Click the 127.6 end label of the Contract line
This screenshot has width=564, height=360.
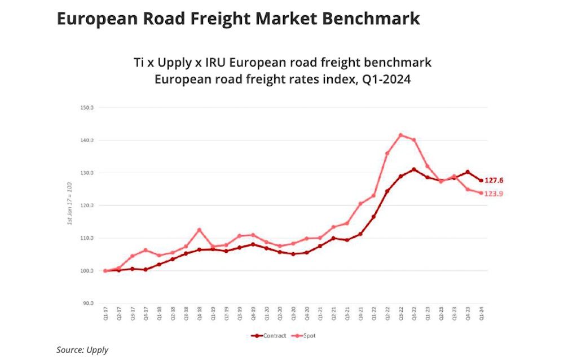[495, 181]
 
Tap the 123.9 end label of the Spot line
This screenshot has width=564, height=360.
[495, 194]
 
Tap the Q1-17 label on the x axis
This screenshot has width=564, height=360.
[105, 315]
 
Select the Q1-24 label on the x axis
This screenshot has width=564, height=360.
[481, 315]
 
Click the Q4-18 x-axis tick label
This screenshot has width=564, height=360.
[199, 315]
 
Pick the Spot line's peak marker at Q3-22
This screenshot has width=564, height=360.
[400, 135]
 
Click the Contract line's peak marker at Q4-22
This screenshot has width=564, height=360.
[414, 169]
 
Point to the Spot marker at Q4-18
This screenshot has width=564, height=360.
[199, 230]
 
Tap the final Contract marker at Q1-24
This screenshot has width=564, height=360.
[481, 181]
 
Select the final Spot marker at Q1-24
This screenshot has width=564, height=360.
[481, 193]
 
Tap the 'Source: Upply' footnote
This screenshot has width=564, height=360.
[82, 350]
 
